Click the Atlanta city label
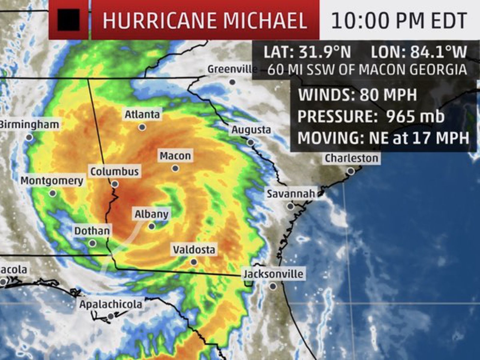142,114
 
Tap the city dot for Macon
175,168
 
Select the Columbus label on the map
115,172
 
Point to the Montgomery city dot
53,193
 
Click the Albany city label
151,214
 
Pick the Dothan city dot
93,243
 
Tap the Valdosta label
194,250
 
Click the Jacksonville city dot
273,286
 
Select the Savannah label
291,193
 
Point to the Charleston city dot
351,171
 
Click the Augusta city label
251,130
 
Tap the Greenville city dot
232,82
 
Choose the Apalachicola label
111,304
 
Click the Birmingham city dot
29,137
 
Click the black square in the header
69,20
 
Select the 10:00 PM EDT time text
399,20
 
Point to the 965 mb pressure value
415,116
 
